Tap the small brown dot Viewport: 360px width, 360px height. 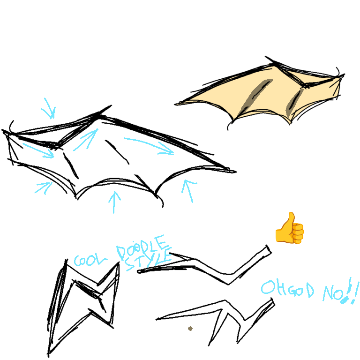[190, 329]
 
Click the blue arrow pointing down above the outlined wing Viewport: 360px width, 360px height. [49, 109]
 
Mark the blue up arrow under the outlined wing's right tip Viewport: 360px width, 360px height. [189, 190]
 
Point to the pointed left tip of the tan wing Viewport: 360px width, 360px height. [177, 104]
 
